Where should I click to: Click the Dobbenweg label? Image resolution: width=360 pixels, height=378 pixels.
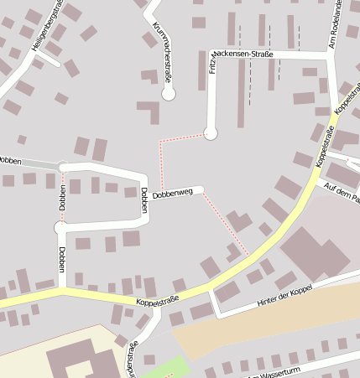tap(173, 193)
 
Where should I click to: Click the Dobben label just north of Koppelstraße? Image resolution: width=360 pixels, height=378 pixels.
tap(62, 259)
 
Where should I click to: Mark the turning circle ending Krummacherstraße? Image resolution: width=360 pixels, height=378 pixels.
tap(169, 94)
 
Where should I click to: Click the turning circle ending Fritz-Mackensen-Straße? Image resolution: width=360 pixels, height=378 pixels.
tap(211, 132)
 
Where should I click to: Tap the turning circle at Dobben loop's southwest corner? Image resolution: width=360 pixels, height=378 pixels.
tap(60, 227)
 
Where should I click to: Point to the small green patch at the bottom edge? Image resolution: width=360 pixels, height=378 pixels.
tap(173, 368)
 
